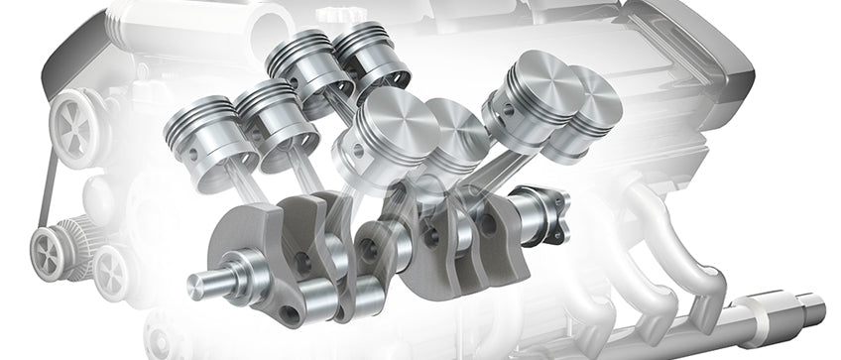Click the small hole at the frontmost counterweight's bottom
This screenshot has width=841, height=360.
coord(288,314)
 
